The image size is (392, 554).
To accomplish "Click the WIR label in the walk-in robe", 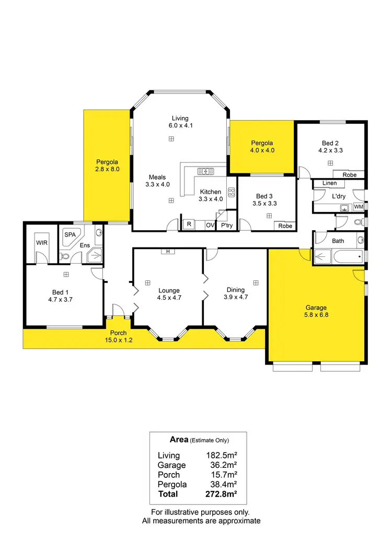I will click(x=41, y=243).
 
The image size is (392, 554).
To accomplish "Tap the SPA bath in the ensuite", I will click(x=71, y=236).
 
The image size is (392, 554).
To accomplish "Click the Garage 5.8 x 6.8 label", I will click(x=317, y=311).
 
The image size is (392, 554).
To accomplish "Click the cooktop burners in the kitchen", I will click(x=230, y=191).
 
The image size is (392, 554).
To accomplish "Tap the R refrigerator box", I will click(x=188, y=225).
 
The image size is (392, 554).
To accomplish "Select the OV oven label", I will click(x=210, y=225).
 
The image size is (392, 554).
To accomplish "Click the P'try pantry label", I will click(x=226, y=226).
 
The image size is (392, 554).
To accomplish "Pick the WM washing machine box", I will click(x=358, y=207).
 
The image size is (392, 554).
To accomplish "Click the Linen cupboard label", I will click(x=329, y=183).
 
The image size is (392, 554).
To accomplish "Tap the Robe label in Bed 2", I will click(x=349, y=175).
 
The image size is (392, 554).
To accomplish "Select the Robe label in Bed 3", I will click(x=285, y=226).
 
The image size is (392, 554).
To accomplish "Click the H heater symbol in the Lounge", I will click(x=168, y=251).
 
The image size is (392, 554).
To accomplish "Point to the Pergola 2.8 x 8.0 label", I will click(x=108, y=166).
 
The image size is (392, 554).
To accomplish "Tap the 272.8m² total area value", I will click(x=222, y=494).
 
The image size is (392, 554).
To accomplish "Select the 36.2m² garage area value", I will click(x=222, y=465).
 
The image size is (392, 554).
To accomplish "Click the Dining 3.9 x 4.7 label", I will click(x=236, y=293).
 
